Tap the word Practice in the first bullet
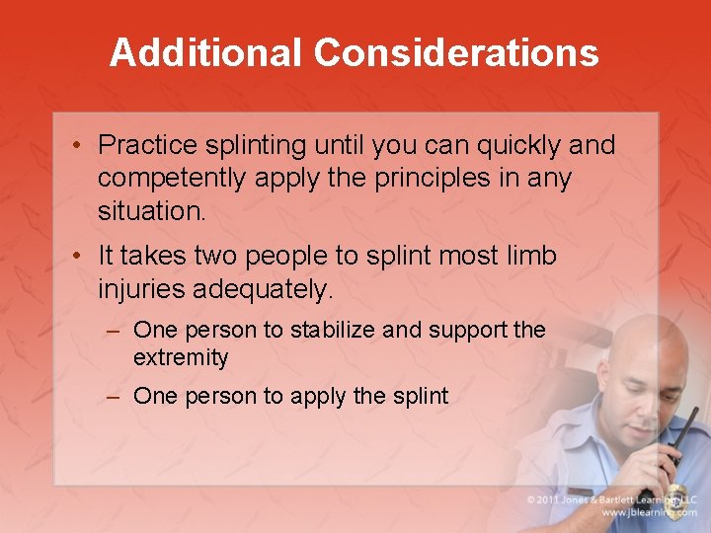(147, 146)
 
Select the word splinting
(255, 146)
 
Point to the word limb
(528, 257)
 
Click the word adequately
(264, 289)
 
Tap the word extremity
(181, 357)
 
